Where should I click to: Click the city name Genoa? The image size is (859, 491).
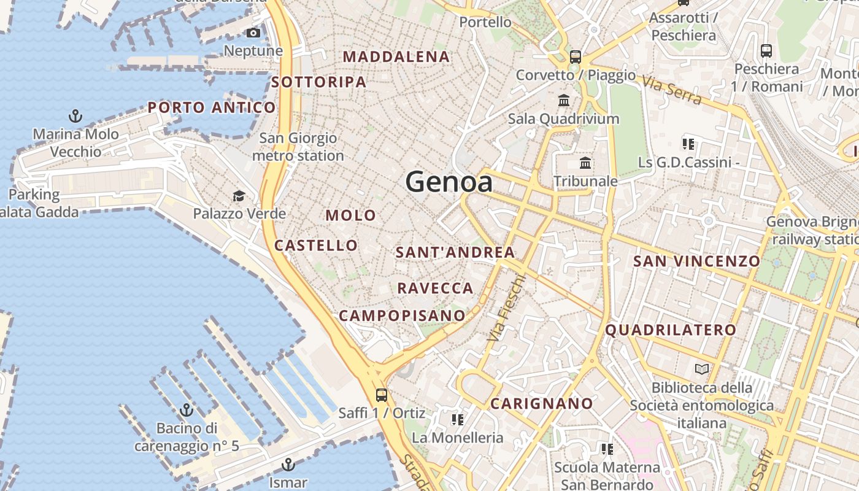tap(449, 182)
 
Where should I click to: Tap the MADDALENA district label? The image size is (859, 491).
tap(396, 57)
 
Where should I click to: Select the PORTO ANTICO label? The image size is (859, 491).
tap(212, 108)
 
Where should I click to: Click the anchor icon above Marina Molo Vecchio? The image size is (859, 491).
tap(75, 115)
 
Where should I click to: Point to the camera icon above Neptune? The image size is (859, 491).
tap(253, 33)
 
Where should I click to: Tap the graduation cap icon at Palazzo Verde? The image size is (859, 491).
tap(239, 196)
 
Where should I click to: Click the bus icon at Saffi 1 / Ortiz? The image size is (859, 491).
tap(382, 395)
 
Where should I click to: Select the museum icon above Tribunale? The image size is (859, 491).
tap(585, 163)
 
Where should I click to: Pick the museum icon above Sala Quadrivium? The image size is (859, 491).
tap(563, 100)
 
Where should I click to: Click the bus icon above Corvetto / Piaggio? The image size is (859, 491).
tap(575, 57)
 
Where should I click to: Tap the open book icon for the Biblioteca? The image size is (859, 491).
tap(701, 369)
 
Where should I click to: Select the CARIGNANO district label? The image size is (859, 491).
tap(541, 404)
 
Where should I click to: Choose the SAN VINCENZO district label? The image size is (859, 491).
tap(696, 261)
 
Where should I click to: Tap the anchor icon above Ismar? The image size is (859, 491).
tap(288, 465)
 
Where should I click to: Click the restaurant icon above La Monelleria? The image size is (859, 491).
tap(457, 420)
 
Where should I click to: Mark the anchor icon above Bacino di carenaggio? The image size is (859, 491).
tap(186, 410)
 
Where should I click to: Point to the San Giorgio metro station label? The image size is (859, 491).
tap(298, 147)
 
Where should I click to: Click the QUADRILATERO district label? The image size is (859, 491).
tap(671, 330)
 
